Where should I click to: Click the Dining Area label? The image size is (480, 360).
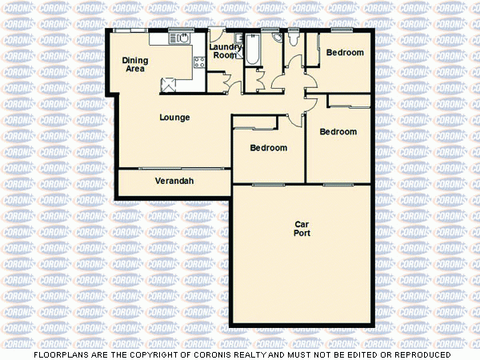(x=134, y=64)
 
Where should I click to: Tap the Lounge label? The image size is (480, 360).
(x=174, y=118)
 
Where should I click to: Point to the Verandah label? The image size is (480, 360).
(x=174, y=182)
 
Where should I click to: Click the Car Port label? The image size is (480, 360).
(x=302, y=229)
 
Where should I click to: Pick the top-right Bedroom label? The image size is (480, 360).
(x=345, y=53)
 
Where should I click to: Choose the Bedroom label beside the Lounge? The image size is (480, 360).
(x=268, y=148)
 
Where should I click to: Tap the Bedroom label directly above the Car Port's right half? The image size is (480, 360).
(x=338, y=132)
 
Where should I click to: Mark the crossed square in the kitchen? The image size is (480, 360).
(x=167, y=84)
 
